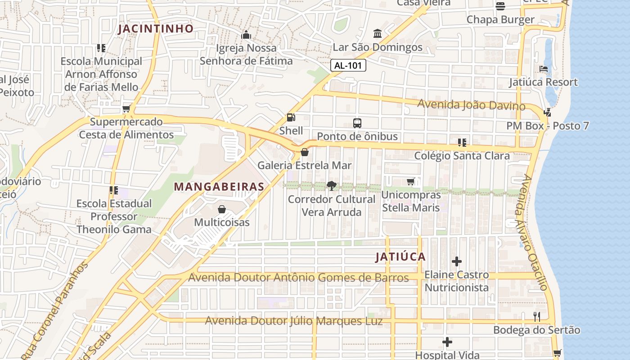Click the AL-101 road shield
click(348, 65)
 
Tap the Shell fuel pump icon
click(291, 117)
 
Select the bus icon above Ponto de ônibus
click(357, 123)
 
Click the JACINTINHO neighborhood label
click(156, 29)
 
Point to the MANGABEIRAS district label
click(219, 186)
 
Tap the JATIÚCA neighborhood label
click(400, 257)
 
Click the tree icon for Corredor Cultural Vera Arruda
click(331, 186)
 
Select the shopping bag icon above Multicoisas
click(222, 209)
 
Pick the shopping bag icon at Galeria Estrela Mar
click(305, 152)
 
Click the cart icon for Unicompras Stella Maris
click(411, 182)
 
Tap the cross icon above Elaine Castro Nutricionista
click(457, 261)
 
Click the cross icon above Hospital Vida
click(447, 342)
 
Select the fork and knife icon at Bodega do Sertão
click(536, 317)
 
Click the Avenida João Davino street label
click(471, 105)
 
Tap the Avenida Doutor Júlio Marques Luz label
click(294, 321)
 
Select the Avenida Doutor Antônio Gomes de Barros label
click(298, 278)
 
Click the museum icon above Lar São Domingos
click(378, 34)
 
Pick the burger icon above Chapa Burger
click(500, 6)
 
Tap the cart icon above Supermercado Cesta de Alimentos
click(126, 108)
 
